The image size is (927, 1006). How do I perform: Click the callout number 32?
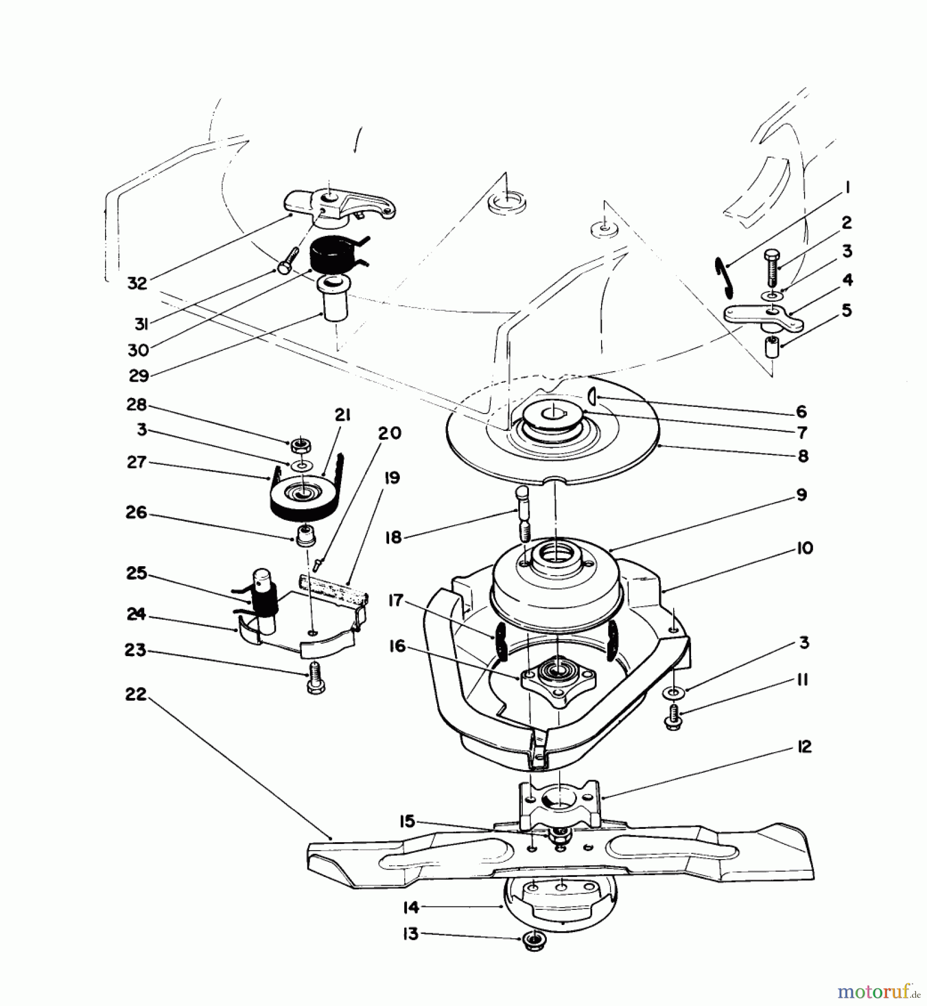pos(137,283)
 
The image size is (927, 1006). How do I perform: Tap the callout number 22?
pos(136,695)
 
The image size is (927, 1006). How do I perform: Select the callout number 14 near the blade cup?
pos(411,908)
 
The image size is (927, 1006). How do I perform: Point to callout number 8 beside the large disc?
pos(803,457)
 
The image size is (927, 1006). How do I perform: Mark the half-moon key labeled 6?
pos(592,397)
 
